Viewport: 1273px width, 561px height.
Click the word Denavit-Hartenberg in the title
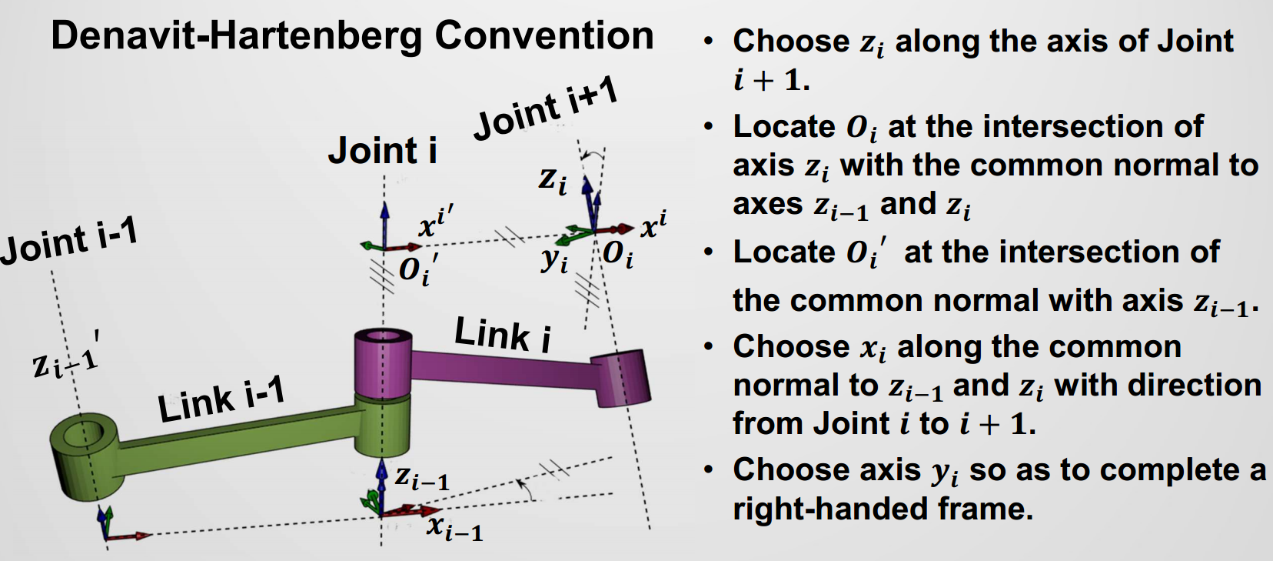click(237, 35)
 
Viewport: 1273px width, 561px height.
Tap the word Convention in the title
click(543, 35)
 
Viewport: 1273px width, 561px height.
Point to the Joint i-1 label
click(69, 241)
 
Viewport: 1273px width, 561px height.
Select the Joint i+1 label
click(546, 109)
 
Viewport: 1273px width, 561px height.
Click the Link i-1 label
click(221, 399)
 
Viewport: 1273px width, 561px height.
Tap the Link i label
click(503, 334)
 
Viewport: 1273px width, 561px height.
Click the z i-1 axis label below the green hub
click(422, 478)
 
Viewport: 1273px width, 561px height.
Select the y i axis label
click(554, 259)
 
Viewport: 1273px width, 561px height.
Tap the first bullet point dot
click(708, 41)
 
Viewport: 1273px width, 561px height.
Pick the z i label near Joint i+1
click(553, 180)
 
